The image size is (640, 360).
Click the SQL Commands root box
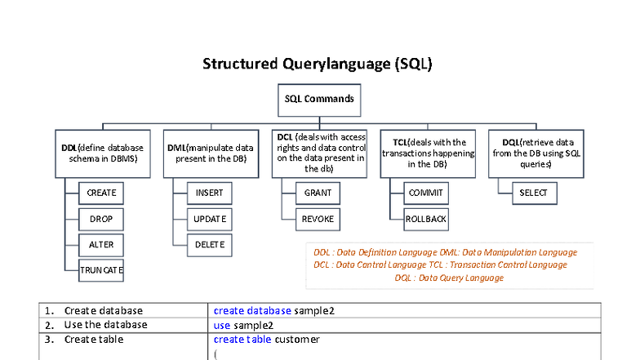pos(319,99)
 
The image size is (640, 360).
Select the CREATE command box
pos(101,193)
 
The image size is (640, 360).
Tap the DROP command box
pos(101,220)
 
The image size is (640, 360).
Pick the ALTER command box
pos(101,245)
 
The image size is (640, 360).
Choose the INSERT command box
pos(210,193)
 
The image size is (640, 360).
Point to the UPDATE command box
pos(210,220)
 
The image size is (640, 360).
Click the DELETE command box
pos(210,245)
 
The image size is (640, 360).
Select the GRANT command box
pos(318,193)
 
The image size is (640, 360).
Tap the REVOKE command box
pos(318,220)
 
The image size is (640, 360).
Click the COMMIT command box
pos(426,193)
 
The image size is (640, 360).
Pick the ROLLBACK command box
pos(426,220)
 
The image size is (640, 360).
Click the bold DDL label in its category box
pos(69,148)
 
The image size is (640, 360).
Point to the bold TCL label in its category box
pos(390,142)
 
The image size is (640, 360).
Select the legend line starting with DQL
pos(449,278)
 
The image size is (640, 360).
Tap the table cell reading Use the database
pos(105,325)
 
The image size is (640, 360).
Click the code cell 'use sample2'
pos(246,325)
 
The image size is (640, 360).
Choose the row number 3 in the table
pos(49,339)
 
